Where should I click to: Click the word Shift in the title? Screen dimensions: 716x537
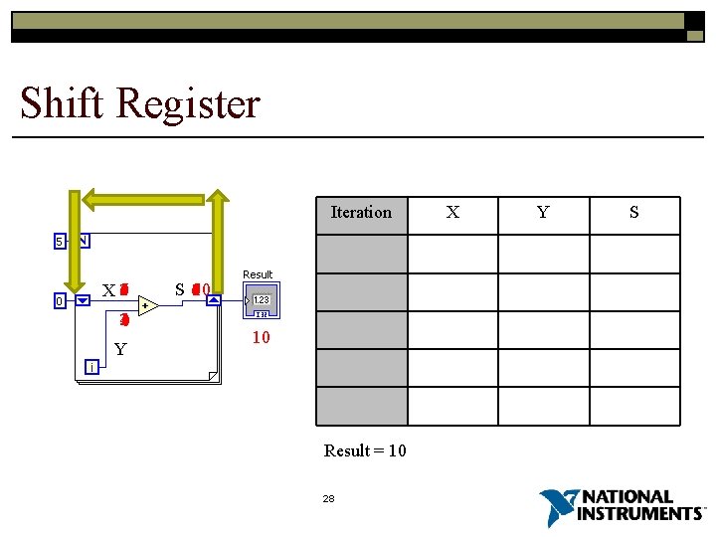(63, 103)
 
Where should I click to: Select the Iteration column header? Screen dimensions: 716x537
(361, 212)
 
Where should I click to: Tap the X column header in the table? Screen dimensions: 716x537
(452, 212)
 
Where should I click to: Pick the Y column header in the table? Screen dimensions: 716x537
(544, 212)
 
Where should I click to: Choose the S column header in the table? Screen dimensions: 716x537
(634, 212)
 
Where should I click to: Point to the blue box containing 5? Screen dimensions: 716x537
(60, 241)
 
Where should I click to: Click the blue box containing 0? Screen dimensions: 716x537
(60, 300)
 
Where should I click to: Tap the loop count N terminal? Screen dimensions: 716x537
(83, 241)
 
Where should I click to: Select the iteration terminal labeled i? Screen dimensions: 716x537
(90, 367)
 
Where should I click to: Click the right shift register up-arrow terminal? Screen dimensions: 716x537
(214, 300)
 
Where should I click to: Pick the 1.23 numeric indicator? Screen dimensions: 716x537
(261, 299)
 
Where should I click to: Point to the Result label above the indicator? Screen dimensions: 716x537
(258, 274)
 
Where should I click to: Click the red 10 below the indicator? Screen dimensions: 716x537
(261, 338)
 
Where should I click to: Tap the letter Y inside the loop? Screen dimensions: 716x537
(120, 349)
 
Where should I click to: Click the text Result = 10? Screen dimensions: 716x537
(365, 450)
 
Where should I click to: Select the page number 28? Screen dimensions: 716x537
(329, 498)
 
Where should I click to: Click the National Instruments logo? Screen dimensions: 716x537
(623, 507)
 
